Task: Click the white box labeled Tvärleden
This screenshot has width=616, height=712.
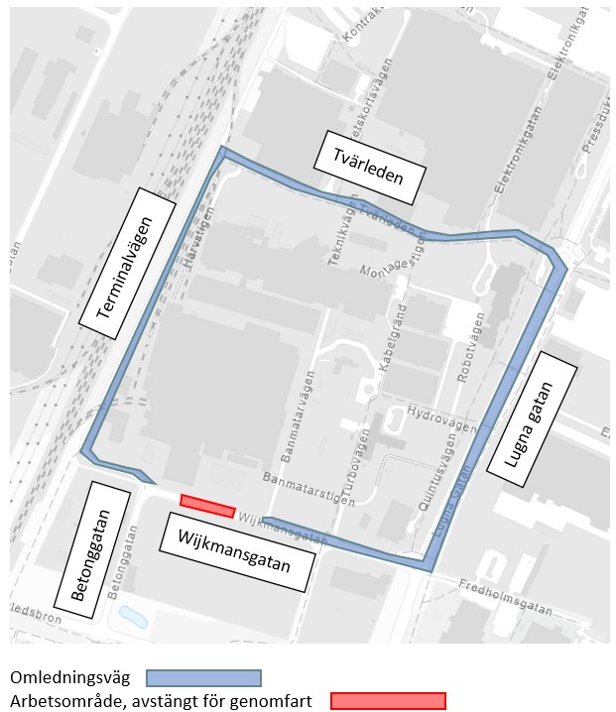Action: [370, 167]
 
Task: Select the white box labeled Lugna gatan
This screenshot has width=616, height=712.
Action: [548, 415]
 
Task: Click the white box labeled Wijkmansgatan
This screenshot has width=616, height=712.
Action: [236, 552]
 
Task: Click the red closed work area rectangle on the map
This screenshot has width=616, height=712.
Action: [207, 506]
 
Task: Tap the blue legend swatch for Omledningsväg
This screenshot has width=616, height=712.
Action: [203, 678]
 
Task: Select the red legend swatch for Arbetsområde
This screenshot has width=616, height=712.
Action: [388, 701]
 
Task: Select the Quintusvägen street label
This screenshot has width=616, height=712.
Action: [437, 477]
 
